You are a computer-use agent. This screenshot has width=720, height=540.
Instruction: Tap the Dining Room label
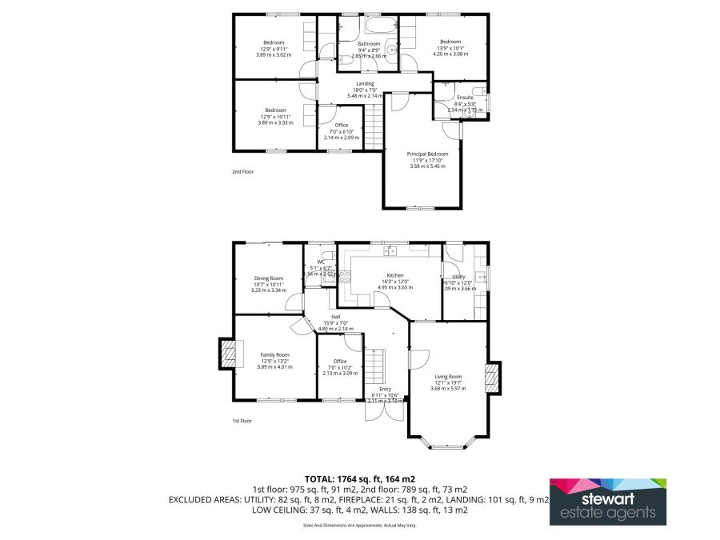[269, 278]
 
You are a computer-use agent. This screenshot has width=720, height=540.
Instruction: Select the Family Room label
[274, 354]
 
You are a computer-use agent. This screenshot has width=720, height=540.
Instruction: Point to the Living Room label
[448, 376]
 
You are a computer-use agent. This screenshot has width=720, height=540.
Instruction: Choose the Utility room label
[458, 276]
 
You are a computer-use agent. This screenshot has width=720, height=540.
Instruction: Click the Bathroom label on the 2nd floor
[369, 43]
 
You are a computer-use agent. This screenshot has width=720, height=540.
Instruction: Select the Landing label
[366, 84]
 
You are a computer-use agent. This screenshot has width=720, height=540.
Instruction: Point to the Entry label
[385, 389]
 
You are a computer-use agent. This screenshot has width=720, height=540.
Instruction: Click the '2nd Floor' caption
[242, 171]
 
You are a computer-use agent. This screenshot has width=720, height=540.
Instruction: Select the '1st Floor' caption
[242, 421]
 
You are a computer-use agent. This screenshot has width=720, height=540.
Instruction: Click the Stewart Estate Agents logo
[607, 502]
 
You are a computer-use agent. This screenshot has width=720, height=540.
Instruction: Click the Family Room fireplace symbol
[230, 354]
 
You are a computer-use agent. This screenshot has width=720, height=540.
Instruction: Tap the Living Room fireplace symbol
[494, 378]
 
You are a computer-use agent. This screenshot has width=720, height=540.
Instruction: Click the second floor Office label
[341, 125]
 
